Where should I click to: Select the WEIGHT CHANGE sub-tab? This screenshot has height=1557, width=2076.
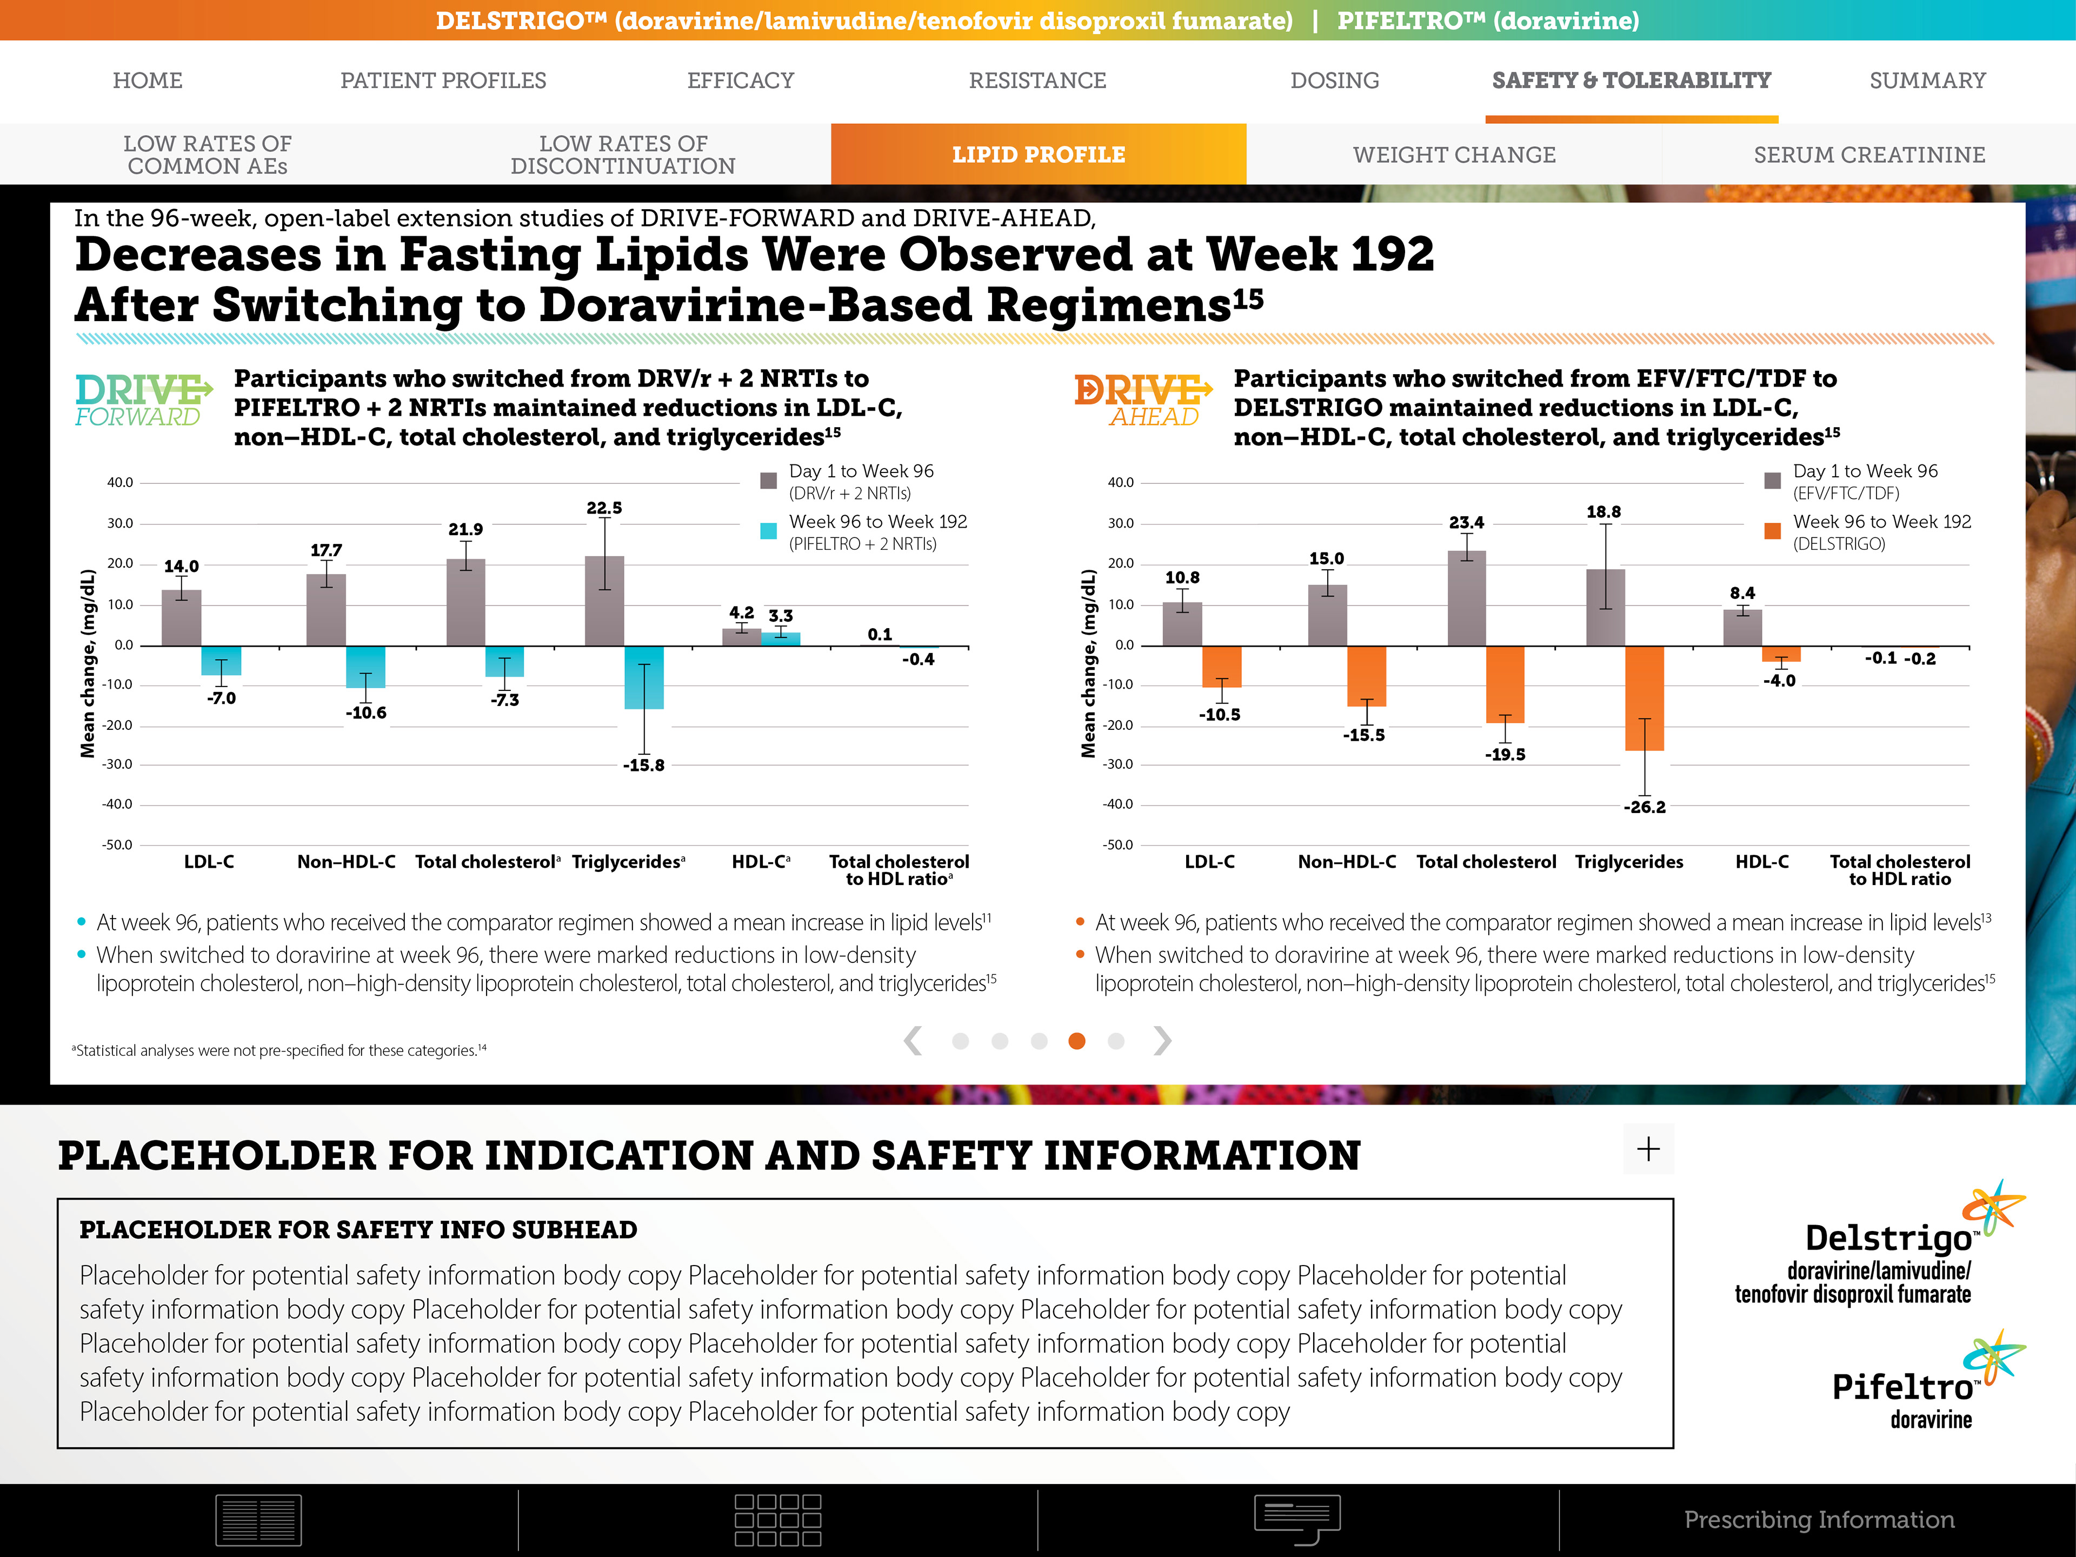coord(1454,155)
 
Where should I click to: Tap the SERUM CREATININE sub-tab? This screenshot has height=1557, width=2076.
coord(1868,155)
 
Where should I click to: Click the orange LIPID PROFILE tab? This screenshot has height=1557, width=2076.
coord(1038,155)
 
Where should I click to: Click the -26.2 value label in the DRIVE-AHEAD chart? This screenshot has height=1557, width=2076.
coord(1644,807)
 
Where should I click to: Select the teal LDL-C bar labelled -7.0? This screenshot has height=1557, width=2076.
coord(222,661)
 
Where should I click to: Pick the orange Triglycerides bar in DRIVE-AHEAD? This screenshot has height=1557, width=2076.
coord(1644,698)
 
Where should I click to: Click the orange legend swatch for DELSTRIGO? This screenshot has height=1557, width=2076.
coord(1773,531)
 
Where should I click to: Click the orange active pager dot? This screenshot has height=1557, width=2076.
coord(1076,1041)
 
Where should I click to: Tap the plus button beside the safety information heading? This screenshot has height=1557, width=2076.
coord(1648,1149)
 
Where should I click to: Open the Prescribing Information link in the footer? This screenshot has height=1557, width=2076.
coord(1819,1520)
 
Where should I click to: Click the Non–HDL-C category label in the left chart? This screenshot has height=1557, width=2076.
coord(347,862)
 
